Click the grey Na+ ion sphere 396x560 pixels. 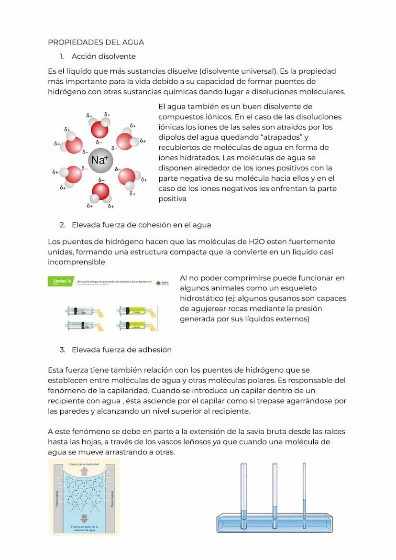pyautogui.click(x=100, y=160)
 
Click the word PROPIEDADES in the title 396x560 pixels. pyautogui.click(x=71, y=42)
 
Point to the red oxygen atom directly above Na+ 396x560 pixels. pyautogui.click(x=99, y=130)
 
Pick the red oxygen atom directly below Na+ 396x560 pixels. pyautogui.click(x=100, y=191)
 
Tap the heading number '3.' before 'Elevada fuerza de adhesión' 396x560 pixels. pyautogui.click(x=63, y=350)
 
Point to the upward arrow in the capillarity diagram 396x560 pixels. pyautogui.click(x=84, y=472)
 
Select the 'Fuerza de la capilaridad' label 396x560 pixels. pyautogui.click(x=84, y=464)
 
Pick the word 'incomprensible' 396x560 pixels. pyautogui.click(x=77, y=262)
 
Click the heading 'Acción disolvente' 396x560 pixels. pyautogui.click(x=104, y=56)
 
